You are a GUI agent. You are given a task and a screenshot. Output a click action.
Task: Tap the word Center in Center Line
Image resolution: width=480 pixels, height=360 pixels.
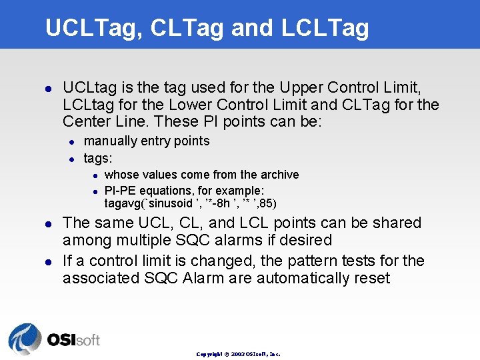point(87,122)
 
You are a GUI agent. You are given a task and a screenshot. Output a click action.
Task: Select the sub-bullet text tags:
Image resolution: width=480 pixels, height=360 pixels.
point(98,158)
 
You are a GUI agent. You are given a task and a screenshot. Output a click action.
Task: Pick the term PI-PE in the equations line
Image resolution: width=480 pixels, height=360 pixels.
point(121,191)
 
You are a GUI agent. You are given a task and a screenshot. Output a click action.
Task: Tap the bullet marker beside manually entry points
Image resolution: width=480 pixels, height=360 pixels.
point(71,141)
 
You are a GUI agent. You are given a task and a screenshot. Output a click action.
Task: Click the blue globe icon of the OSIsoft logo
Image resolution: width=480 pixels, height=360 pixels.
point(25,338)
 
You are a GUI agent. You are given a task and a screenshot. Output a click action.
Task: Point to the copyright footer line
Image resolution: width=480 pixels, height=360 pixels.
point(238,354)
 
